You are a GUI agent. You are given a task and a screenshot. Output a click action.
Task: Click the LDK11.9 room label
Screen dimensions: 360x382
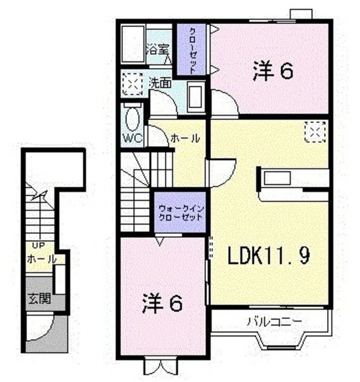pyautogui.click(x=269, y=255)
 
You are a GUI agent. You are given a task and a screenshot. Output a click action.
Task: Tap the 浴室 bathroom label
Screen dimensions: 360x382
pyautogui.click(x=158, y=50)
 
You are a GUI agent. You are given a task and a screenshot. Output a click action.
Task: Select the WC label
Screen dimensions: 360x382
pyautogui.click(x=133, y=138)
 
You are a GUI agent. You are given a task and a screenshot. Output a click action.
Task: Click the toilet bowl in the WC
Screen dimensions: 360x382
pyautogui.click(x=133, y=119)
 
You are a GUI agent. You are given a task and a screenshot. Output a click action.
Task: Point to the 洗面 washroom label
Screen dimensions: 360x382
pyautogui.click(x=160, y=84)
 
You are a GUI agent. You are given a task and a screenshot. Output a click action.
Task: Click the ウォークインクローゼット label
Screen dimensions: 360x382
pyautogui.click(x=181, y=212)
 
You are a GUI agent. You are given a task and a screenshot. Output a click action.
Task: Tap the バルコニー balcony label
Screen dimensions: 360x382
pyautogui.click(x=275, y=322)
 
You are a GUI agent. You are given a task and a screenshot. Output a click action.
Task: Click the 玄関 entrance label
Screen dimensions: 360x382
pyautogui.click(x=39, y=298)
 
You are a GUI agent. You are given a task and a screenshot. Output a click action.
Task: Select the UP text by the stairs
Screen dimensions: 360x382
pyautogui.click(x=39, y=245)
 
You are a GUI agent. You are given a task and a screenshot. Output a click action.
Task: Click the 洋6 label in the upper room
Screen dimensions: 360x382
pyautogui.click(x=273, y=71)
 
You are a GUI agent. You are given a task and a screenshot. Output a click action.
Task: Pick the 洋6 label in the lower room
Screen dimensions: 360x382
pyautogui.click(x=162, y=303)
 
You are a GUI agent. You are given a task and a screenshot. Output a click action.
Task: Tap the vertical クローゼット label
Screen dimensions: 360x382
pyautogui.click(x=193, y=51)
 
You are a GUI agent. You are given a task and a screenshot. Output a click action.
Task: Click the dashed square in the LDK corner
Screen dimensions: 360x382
pyautogui.click(x=315, y=132)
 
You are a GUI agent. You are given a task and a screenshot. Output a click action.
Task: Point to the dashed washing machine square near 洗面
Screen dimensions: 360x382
pyautogui.click(x=133, y=84)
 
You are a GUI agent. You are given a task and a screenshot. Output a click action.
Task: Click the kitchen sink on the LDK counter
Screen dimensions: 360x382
pyautogui.click(x=277, y=178)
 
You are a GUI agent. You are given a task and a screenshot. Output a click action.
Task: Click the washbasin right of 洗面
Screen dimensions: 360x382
pyautogui.click(x=196, y=97)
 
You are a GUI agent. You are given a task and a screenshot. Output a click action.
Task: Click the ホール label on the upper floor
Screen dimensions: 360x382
pyautogui.click(x=185, y=138)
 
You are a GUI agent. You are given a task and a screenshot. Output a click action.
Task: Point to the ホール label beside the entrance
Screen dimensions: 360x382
pyautogui.click(x=42, y=259)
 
